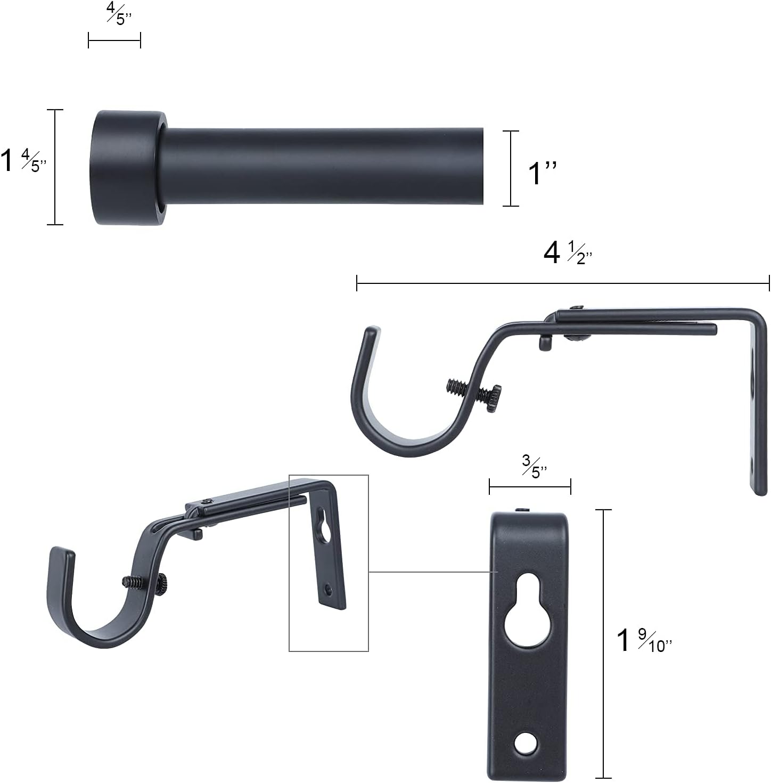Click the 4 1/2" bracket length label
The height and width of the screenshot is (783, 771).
coord(568,253)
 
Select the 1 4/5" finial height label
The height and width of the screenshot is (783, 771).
coord(24,161)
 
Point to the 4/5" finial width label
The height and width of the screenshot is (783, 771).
coord(119,14)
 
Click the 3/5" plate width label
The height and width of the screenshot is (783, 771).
coord(534,466)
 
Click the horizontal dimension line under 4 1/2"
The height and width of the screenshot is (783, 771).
coord(563,283)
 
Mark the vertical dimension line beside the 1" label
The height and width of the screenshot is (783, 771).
coord(511,168)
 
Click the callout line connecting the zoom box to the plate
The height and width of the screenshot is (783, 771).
coord(429,572)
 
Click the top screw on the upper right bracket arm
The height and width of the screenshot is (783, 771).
coord(577,307)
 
